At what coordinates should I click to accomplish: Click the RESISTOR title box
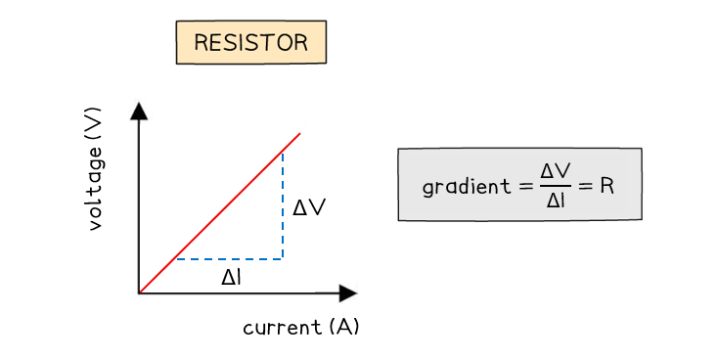[250, 42]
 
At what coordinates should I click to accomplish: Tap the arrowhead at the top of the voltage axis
[139, 110]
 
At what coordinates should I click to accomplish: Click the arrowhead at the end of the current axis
[347, 292]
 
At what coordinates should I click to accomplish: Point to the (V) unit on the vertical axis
[94, 124]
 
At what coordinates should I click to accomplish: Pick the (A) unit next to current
[345, 326]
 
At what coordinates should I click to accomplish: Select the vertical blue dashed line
[283, 205]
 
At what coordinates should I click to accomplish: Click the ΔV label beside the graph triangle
[309, 207]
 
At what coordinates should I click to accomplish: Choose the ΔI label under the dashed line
[231, 277]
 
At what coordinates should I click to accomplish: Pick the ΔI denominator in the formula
[555, 201]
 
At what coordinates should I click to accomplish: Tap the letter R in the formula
[606, 184]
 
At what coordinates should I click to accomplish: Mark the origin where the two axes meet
[139, 292]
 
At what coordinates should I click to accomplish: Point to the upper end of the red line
[298, 134]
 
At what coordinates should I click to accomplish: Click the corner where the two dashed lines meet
[283, 259]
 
